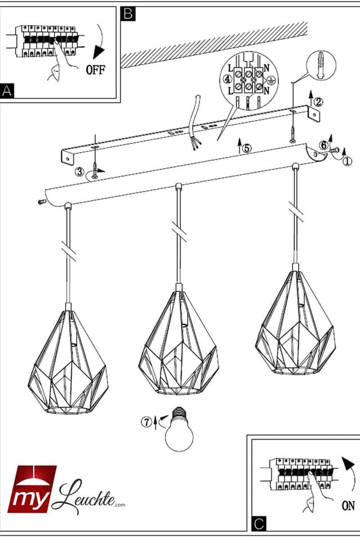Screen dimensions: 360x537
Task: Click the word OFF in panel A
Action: [96, 70]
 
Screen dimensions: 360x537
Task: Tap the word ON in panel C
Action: [348, 506]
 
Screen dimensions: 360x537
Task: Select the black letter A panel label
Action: [7, 91]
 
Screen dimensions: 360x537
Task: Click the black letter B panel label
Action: [128, 14]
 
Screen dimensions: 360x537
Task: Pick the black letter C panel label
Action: [259, 524]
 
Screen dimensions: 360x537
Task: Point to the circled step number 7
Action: [147, 422]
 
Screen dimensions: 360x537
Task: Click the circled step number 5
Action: [246, 148]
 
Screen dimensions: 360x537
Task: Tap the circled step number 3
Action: [80, 172]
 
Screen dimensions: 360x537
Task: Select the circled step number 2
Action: [318, 101]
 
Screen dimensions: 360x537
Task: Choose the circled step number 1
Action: [347, 161]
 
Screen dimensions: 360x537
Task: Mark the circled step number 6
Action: [323, 145]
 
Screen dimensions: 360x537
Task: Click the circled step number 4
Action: [227, 79]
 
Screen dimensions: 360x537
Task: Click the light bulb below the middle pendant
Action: [179, 429]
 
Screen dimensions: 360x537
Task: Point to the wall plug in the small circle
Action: [321, 65]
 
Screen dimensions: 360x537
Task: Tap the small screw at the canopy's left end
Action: [42, 202]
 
